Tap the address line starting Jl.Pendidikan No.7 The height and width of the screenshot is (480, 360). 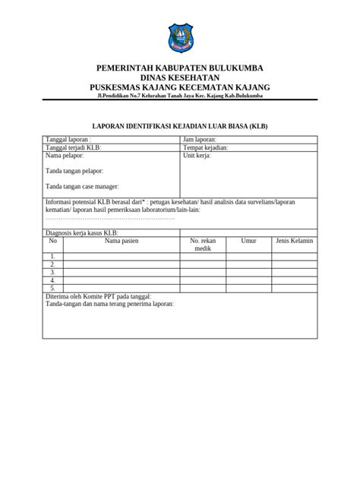(x=180, y=96)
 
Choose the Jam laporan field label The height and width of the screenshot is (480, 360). (x=200, y=140)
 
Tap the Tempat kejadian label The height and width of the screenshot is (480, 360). (x=206, y=147)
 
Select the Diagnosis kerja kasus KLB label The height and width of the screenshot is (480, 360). (x=83, y=232)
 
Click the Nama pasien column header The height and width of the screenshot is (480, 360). (x=122, y=241)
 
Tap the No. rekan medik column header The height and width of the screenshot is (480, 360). (x=203, y=245)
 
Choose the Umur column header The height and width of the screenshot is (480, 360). (x=248, y=241)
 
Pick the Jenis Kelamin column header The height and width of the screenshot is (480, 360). (x=294, y=241)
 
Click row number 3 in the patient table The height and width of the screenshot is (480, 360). (x=53, y=272)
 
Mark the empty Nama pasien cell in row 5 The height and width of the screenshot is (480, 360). (x=122, y=288)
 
